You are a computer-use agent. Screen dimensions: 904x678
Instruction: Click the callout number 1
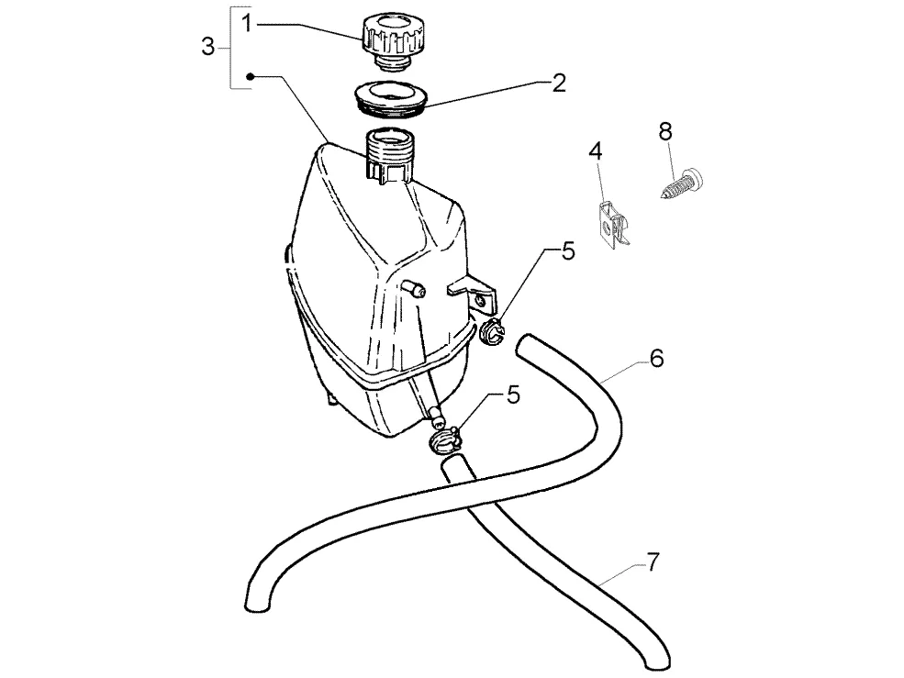click(247, 24)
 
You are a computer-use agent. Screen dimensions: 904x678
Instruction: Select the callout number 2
click(559, 83)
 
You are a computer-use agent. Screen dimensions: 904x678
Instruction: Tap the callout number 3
click(207, 46)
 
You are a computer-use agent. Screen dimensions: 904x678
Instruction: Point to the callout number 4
click(596, 151)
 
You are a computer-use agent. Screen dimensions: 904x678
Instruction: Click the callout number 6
click(657, 358)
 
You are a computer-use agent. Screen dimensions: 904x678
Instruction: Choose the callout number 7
click(653, 562)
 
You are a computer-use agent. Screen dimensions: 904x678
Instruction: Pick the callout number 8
click(665, 132)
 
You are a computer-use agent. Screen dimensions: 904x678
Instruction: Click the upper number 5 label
click(568, 251)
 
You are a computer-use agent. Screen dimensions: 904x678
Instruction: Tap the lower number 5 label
click(513, 395)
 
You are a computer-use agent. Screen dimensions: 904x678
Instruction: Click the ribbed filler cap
click(393, 41)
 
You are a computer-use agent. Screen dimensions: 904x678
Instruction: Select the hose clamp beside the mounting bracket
click(491, 333)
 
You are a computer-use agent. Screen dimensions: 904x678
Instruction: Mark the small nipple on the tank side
click(413, 288)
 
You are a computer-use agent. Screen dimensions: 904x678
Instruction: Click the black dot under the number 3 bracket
click(251, 76)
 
